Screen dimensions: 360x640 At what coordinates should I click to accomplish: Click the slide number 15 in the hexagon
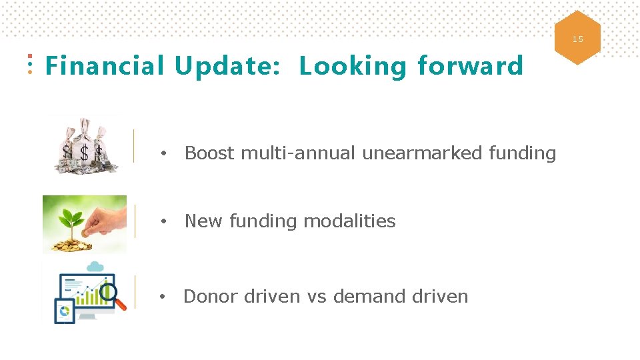coord(577,39)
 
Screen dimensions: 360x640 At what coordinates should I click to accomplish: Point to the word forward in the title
coord(470,66)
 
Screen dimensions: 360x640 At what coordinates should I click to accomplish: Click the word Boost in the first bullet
coord(209,153)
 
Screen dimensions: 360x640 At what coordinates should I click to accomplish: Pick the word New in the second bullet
coord(204,221)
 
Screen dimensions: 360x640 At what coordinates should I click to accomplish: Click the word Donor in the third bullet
coord(211,297)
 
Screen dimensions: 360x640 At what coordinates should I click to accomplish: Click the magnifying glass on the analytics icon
coord(110,294)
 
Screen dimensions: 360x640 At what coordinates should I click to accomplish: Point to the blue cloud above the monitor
coord(95,267)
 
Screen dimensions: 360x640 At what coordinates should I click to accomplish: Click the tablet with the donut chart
coord(65,311)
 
